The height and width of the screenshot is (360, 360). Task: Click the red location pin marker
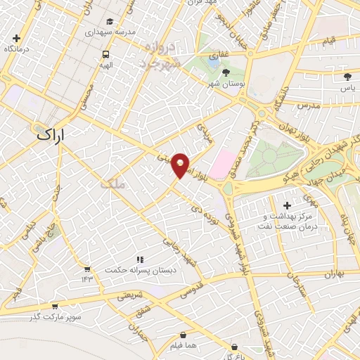point(181,165)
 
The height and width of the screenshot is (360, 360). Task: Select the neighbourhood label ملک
point(112,184)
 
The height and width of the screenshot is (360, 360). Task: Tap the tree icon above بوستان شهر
point(226,72)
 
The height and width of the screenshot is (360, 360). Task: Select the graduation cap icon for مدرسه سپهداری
point(109,22)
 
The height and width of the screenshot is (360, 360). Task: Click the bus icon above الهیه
point(105,54)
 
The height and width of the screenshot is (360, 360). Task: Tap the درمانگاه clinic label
point(17,49)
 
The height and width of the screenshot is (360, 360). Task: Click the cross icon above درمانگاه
point(16,38)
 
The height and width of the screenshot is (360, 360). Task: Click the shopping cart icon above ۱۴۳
point(86,269)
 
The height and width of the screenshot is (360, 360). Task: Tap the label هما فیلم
point(184,347)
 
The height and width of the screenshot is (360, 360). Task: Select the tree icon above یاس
point(347,77)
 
